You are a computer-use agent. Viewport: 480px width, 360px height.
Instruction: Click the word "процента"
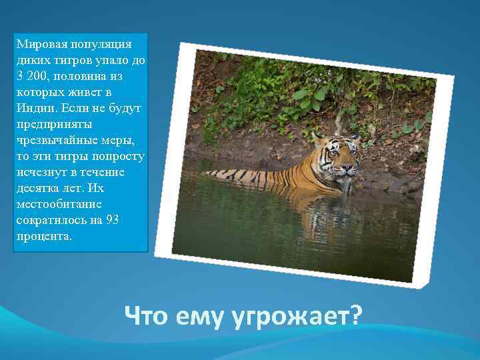pyautogui.click(x=43, y=237)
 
